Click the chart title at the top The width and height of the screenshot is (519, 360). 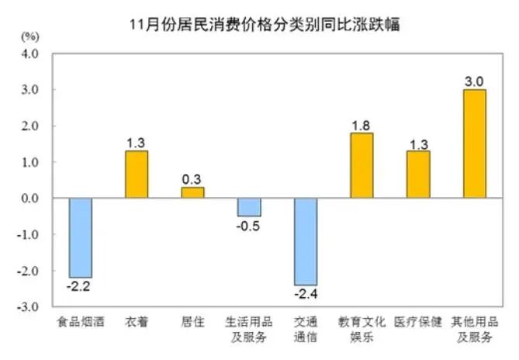pos(264,24)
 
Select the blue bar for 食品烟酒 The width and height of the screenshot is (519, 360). pos(80,237)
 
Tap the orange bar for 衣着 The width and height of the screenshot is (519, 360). pos(137,174)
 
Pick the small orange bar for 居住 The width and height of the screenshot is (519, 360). pos(192,192)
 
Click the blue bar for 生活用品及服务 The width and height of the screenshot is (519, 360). pos(249,207)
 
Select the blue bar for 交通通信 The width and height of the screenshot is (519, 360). pos(306,241)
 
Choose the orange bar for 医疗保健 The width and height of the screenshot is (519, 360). pos(417,174)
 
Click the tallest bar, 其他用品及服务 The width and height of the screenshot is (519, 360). pos(474,144)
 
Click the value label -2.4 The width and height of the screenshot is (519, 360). pos(306,294)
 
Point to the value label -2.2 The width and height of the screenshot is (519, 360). pos(80,286)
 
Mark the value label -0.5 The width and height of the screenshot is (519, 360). pos(249,226)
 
